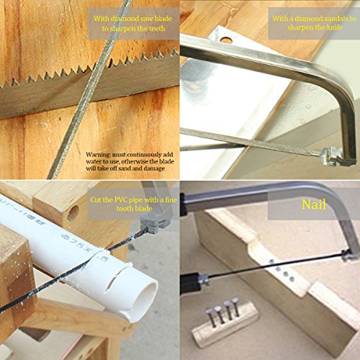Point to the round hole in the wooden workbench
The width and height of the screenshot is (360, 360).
coord(73,213)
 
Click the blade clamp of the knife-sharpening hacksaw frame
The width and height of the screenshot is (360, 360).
coord(333,153)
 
